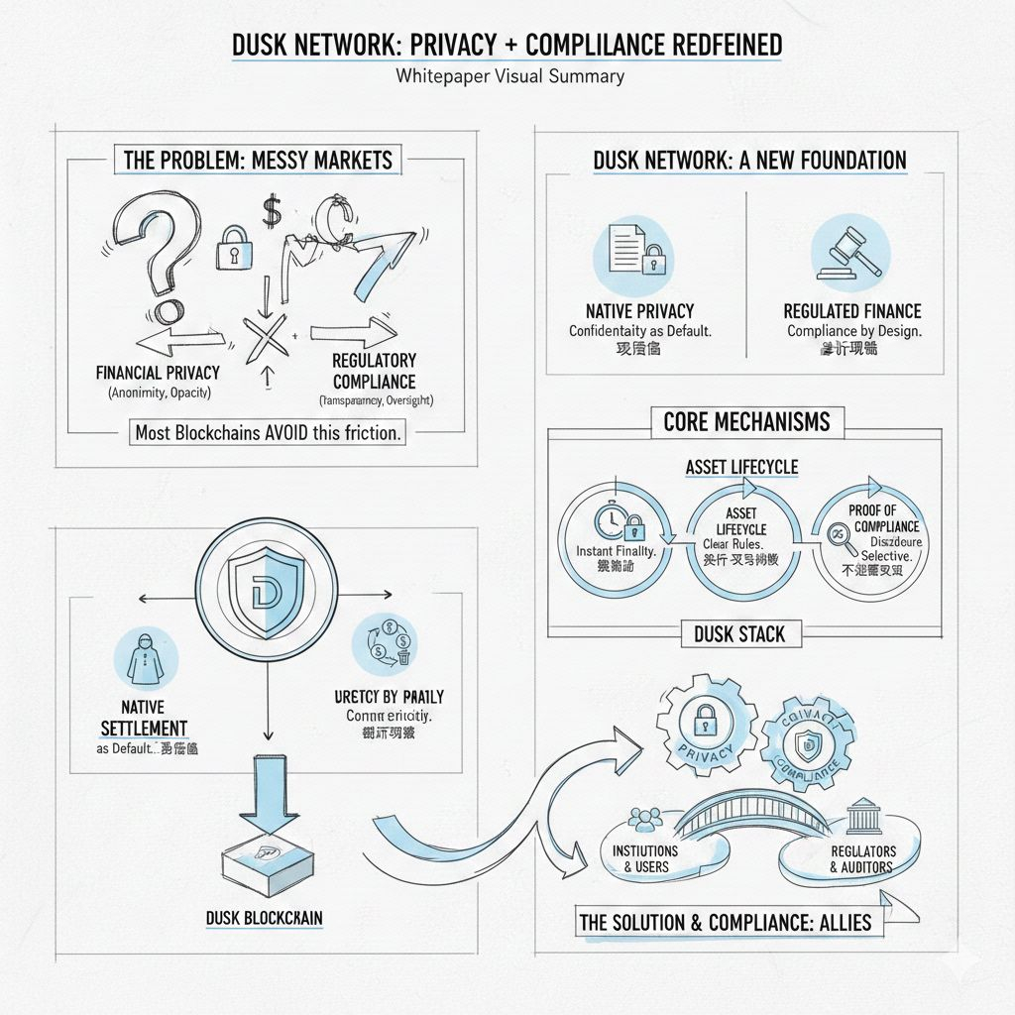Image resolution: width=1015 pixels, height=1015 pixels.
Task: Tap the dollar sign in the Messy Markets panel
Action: [270, 209]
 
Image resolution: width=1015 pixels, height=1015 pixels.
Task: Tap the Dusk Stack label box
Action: [740, 633]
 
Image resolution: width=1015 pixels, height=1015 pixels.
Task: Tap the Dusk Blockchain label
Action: [264, 918]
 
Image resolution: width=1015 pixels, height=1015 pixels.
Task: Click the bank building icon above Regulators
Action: [860, 820]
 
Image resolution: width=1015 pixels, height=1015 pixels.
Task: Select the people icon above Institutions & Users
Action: [645, 820]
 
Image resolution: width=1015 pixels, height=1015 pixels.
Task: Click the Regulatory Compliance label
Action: [375, 370]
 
